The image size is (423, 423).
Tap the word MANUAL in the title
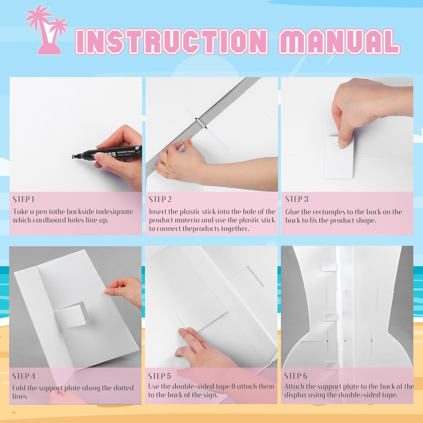[339, 42]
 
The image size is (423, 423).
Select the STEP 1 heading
[23, 199]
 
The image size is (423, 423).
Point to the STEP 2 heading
[160, 199]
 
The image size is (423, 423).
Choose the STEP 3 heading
[297, 199]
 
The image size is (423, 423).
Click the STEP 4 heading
[24, 376]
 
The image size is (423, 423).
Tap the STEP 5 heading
[160, 376]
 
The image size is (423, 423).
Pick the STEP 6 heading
[296, 376]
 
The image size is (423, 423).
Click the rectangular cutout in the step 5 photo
[245, 276]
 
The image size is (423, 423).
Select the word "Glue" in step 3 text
[292, 212]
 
